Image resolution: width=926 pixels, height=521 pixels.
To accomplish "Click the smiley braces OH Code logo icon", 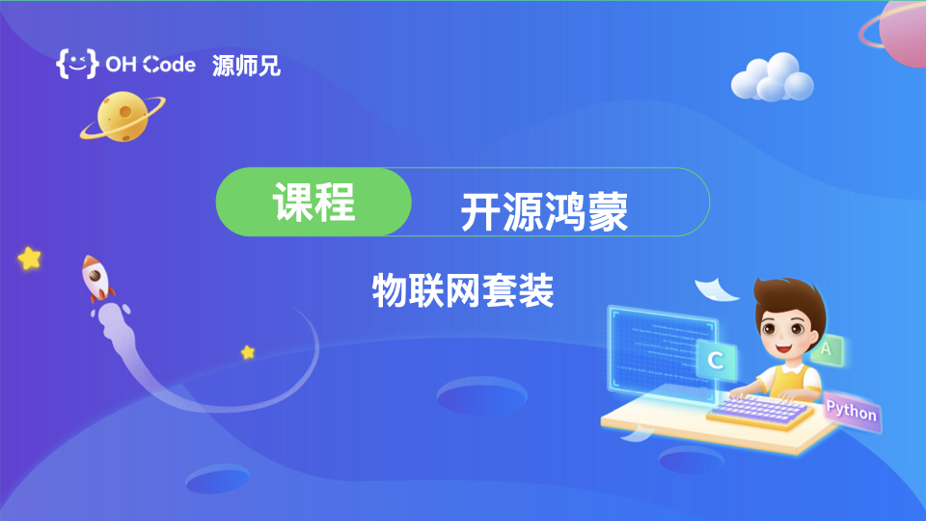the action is [77, 64].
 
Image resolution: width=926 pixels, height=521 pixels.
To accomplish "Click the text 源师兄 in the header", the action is [246, 65].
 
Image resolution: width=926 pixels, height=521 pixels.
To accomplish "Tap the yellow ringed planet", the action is [123, 117].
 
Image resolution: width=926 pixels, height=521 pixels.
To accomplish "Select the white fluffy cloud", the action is [773, 77].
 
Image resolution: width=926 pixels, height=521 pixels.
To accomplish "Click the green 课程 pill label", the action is [313, 202].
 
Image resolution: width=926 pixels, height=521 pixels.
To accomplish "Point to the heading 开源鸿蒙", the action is [543, 211].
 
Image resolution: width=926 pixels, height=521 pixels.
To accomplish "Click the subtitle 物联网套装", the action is [463, 290].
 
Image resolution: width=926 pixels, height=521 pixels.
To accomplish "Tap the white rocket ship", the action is [96, 278].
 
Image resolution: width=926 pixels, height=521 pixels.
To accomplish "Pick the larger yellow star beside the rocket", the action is [30, 259].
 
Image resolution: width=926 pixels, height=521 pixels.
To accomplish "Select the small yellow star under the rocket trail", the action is [248, 353].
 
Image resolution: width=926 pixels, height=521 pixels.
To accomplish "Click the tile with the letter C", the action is [717, 360].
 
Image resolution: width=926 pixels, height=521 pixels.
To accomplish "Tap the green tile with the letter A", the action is [827, 349].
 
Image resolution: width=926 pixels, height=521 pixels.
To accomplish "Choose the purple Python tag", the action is [852, 410].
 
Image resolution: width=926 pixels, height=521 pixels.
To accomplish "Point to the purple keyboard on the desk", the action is [759, 411].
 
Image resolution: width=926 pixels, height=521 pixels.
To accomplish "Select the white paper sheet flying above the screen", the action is [715, 289].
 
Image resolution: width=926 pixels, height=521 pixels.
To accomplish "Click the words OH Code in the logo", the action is [150, 65].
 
